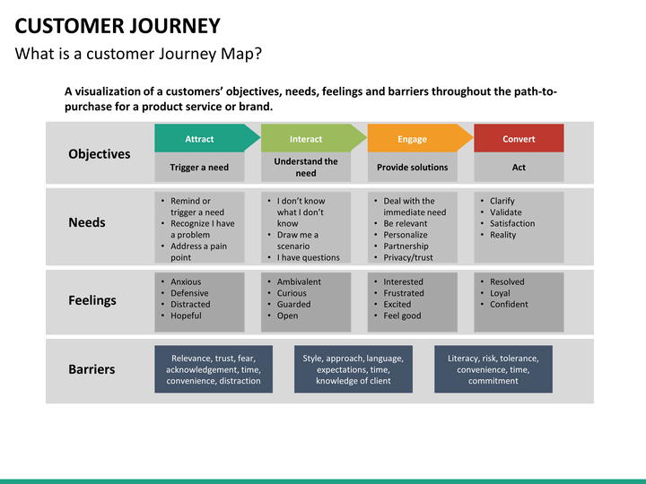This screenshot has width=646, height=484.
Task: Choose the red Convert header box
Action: pyautogui.click(x=519, y=138)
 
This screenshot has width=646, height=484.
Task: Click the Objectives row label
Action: pyautogui.click(x=100, y=154)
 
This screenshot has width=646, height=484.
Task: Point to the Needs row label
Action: pyautogui.click(x=87, y=222)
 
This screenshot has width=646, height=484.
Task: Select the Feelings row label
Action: pyautogui.click(x=92, y=300)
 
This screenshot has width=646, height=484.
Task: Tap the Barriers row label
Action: pyautogui.click(x=92, y=369)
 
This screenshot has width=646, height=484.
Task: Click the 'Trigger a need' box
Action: pyautogui.click(x=199, y=167)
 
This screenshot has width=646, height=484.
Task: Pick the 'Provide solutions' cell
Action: pyautogui.click(x=413, y=167)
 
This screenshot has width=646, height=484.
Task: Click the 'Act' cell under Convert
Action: pyautogui.click(x=519, y=167)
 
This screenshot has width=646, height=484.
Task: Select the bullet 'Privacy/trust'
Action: pyautogui.click(x=408, y=257)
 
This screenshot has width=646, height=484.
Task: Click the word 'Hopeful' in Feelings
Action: pyautogui.click(x=186, y=315)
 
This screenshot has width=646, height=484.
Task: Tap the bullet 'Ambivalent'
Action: pyautogui.click(x=299, y=282)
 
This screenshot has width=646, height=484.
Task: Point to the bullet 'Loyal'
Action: pyautogui.click(x=500, y=293)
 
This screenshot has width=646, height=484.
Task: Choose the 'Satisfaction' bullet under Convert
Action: pyautogui.click(x=512, y=223)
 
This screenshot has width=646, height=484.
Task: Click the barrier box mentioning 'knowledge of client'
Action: pyautogui.click(x=354, y=369)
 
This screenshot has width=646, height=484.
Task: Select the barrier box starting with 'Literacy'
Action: pyautogui.click(x=493, y=369)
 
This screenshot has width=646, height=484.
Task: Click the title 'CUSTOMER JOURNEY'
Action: pyautogui.click(x=118, y=26)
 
